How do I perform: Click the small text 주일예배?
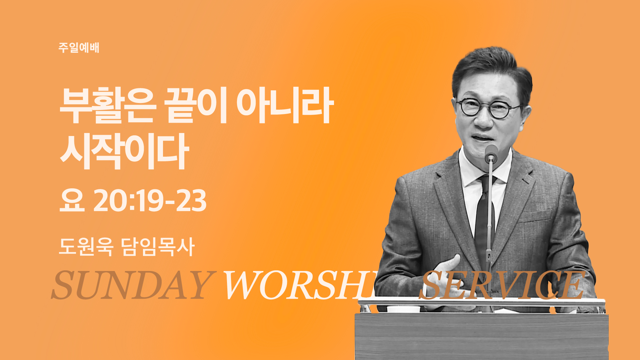click(x=79, y=48)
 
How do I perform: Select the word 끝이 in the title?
click(x=196, y=105)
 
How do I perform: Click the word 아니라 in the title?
click(x=285, y=105)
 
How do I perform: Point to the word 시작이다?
click(x=124, y=151)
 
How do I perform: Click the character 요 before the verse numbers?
click(x=72, y=200)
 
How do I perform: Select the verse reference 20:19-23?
click(x=150, y=200)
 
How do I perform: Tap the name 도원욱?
click(x=86, y=247)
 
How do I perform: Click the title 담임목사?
click(x=158, y=247)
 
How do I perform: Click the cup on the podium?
click(x=403, y=309)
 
